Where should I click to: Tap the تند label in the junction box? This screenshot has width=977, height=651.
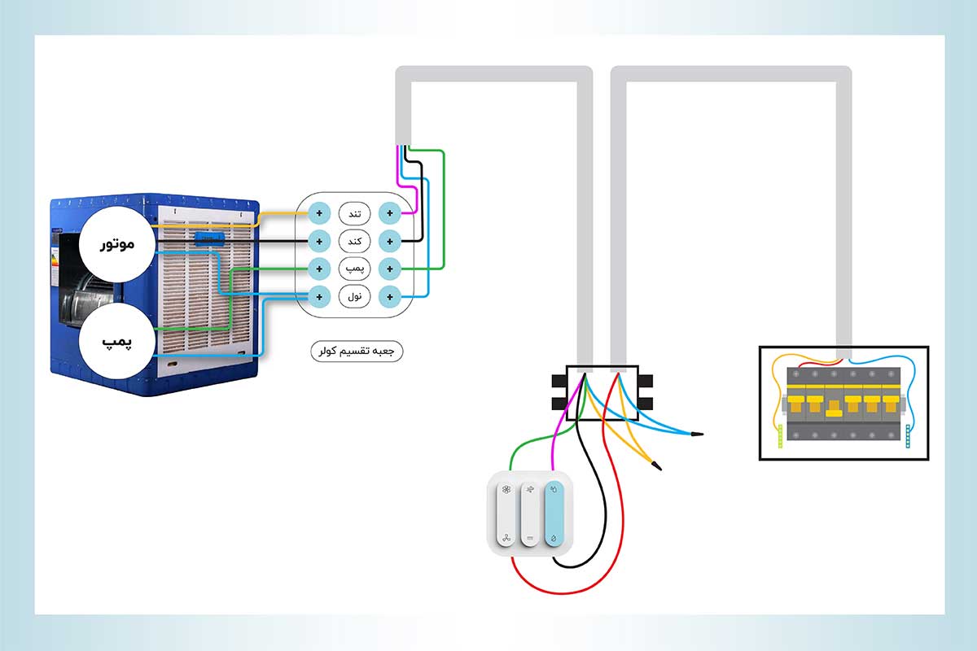354,213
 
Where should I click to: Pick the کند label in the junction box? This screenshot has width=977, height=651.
354,241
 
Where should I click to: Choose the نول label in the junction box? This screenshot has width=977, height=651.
354,296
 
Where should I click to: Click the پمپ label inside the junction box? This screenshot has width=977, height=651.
354,268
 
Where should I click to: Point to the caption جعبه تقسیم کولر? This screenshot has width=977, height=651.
357,352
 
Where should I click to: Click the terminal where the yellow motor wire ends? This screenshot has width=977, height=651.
319,213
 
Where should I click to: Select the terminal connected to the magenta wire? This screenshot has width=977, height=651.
390,213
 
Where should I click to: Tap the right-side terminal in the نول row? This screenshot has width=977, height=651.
390,296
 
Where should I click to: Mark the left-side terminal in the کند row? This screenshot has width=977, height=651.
319,241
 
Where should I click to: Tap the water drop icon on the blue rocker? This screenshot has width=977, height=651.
554,539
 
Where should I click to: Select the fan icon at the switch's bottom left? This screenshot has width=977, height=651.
506,539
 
